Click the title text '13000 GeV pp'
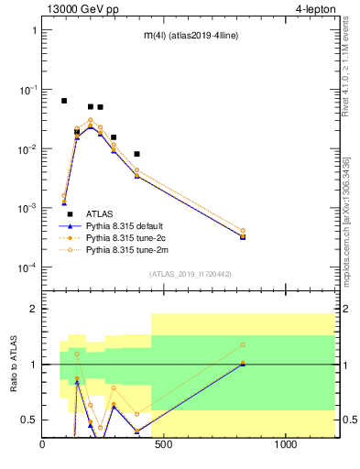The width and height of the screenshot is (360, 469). pos(76,9)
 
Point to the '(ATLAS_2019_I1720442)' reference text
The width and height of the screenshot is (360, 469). pos(189,274)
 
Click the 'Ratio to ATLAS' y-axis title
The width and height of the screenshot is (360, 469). pos(14,364)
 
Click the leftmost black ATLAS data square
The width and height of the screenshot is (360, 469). pos(64,101)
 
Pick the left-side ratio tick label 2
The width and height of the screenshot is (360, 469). pos(31,309)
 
